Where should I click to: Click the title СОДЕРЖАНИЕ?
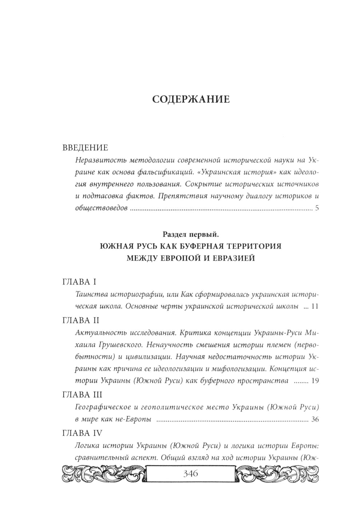190,99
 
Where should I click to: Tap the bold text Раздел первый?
190,234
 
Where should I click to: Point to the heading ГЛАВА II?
81,320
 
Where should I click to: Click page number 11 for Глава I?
315,307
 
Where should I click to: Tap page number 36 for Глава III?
315,420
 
